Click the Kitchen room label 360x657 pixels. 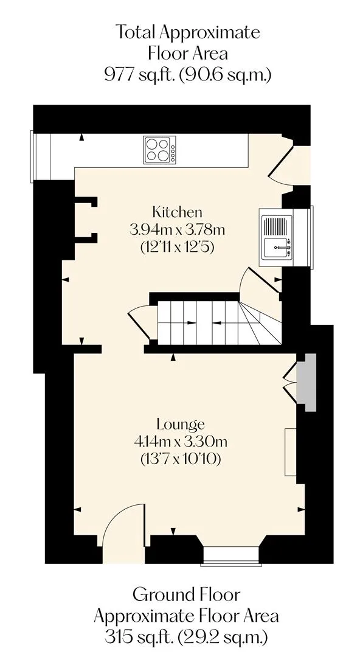pos(177,212)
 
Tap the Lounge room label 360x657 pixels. pos(181,424)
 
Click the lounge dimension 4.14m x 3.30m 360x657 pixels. pos(181,442)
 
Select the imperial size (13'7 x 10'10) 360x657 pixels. pos(181,459)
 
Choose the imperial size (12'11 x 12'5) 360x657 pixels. pos(178,247)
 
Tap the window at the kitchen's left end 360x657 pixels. pos(32,156)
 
